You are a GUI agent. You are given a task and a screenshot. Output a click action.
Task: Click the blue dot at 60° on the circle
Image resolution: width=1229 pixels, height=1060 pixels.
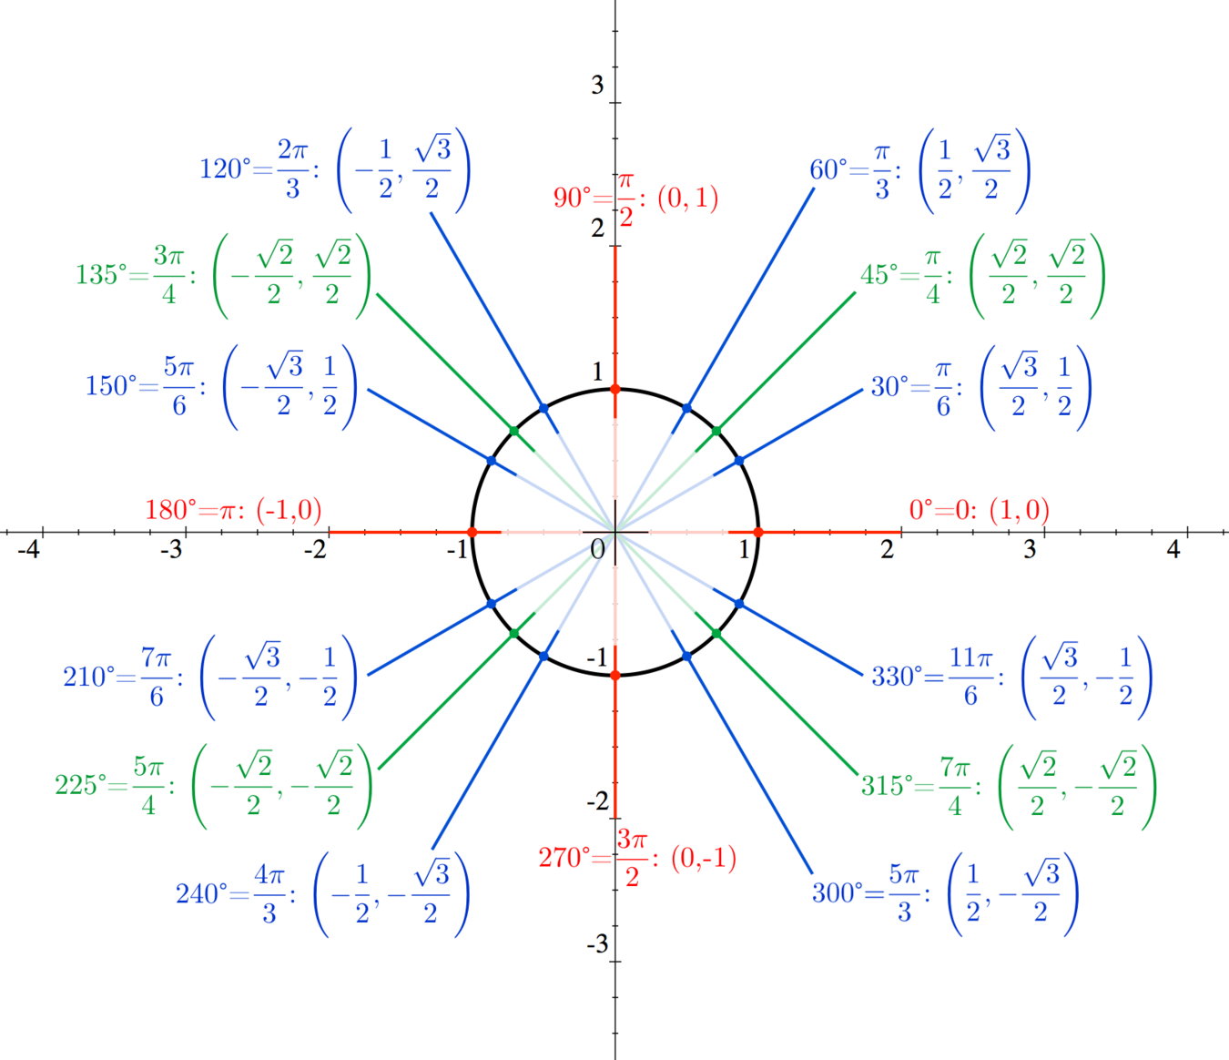pos(686,408)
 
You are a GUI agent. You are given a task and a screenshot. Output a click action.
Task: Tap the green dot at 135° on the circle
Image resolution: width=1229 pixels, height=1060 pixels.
pos(514,431)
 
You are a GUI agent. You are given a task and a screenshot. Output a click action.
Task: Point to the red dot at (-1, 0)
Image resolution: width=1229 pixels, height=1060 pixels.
pos(472,532)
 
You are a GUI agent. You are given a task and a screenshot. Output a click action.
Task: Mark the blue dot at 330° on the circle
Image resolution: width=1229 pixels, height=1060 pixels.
pos(739,604)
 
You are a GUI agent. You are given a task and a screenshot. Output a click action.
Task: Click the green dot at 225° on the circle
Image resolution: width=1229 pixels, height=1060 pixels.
pos(514,634)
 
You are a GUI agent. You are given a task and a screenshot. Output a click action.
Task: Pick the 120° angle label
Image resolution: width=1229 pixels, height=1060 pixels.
pos(221,169)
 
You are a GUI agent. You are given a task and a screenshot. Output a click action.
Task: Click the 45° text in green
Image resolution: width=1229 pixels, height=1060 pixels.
pos(879,275)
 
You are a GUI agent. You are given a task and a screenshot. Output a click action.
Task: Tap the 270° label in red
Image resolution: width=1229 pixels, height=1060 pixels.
pos(564,858)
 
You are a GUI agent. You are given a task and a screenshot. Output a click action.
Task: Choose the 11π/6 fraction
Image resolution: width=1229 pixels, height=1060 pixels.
pos(970,677)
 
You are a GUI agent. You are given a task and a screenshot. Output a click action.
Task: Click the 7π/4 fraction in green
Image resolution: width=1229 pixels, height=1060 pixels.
pos(955,786)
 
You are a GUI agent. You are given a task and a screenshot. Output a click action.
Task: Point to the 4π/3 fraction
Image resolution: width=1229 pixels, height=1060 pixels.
pos(269,894)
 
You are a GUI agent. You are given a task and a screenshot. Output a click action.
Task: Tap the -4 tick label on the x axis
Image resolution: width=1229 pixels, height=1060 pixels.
pos(28,549)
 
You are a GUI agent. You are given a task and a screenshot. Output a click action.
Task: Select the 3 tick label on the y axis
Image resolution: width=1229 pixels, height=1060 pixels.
pos(597,85)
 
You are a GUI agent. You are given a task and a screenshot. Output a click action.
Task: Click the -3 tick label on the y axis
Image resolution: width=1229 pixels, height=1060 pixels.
pos(597,944)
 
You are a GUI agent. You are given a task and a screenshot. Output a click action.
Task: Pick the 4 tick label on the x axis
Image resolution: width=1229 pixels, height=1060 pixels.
pos(1173,549)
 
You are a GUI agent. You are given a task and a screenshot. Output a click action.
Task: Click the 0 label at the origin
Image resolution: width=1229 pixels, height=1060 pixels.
pos(597,549)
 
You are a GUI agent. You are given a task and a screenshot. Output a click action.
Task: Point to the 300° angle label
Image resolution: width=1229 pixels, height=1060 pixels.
pos(838,893)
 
